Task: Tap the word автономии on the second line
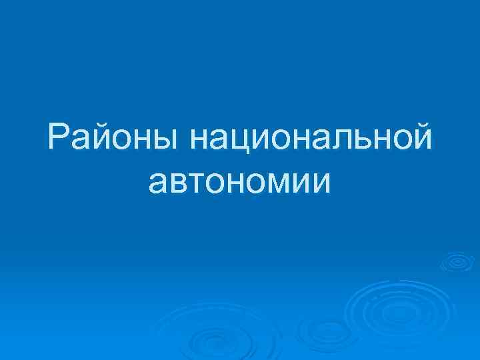(x=240, y=182)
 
